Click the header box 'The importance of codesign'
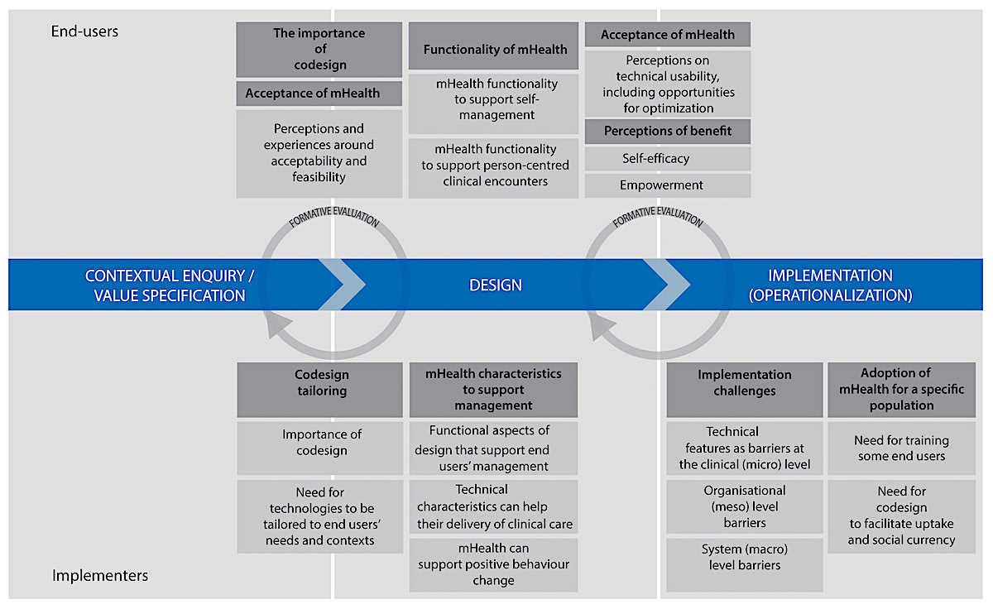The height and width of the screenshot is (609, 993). coord(319,50)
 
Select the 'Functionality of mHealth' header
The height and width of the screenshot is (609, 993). coord(494,50)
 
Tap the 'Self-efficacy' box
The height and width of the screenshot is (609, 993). coord(668,159)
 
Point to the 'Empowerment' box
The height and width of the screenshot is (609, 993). coord(668,185)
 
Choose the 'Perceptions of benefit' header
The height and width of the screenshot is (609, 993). coord(668,132)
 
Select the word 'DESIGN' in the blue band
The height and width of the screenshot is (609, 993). coord(496,285)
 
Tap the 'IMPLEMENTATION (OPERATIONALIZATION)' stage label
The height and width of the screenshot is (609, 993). coord(830,285)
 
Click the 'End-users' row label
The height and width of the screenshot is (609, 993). coord(84,31)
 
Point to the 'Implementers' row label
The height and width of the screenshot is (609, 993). coord(100,575)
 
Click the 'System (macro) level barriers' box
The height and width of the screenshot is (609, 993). coord(745,558)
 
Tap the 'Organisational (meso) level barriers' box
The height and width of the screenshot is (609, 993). coord(745,506)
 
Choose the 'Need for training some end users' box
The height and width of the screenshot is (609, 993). coord(902,448)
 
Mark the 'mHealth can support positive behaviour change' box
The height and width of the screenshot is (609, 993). coord(493,564)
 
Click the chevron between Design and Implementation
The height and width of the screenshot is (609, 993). coord(666,284)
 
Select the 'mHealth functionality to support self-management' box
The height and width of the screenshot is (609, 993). coord(494,99)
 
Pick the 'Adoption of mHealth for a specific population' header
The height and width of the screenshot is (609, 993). coord(902,390)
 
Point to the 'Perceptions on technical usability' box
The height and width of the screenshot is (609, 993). coord(668,84)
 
